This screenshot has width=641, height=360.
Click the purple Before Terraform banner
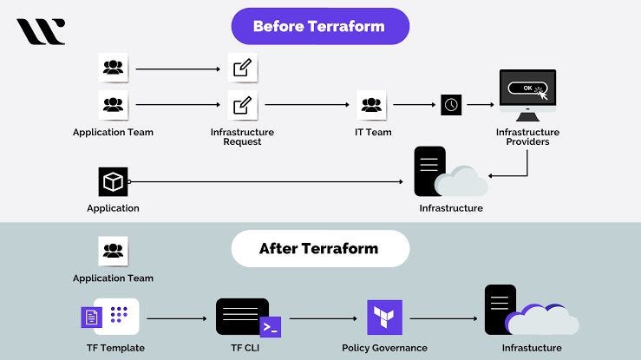(320, 26)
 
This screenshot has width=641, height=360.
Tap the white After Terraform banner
(319, 248)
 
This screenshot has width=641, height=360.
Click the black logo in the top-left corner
(41, 31)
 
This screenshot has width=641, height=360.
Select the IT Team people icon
(371, 104)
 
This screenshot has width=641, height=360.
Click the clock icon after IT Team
(451, 104)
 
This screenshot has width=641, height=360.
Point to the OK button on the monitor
(526, 88)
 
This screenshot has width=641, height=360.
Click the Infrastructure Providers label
(527, 137)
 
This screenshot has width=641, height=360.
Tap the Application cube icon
(113, 182)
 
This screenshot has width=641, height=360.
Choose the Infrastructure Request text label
(242, 137)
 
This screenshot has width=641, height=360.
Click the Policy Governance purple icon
(384, 317)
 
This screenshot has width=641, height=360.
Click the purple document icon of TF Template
(92, 317)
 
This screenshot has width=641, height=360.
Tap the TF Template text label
(112, 348)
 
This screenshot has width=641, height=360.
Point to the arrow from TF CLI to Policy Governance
(324, 318)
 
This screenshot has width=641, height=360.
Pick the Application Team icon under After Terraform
(113, 252)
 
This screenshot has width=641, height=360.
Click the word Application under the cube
(113, 208)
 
